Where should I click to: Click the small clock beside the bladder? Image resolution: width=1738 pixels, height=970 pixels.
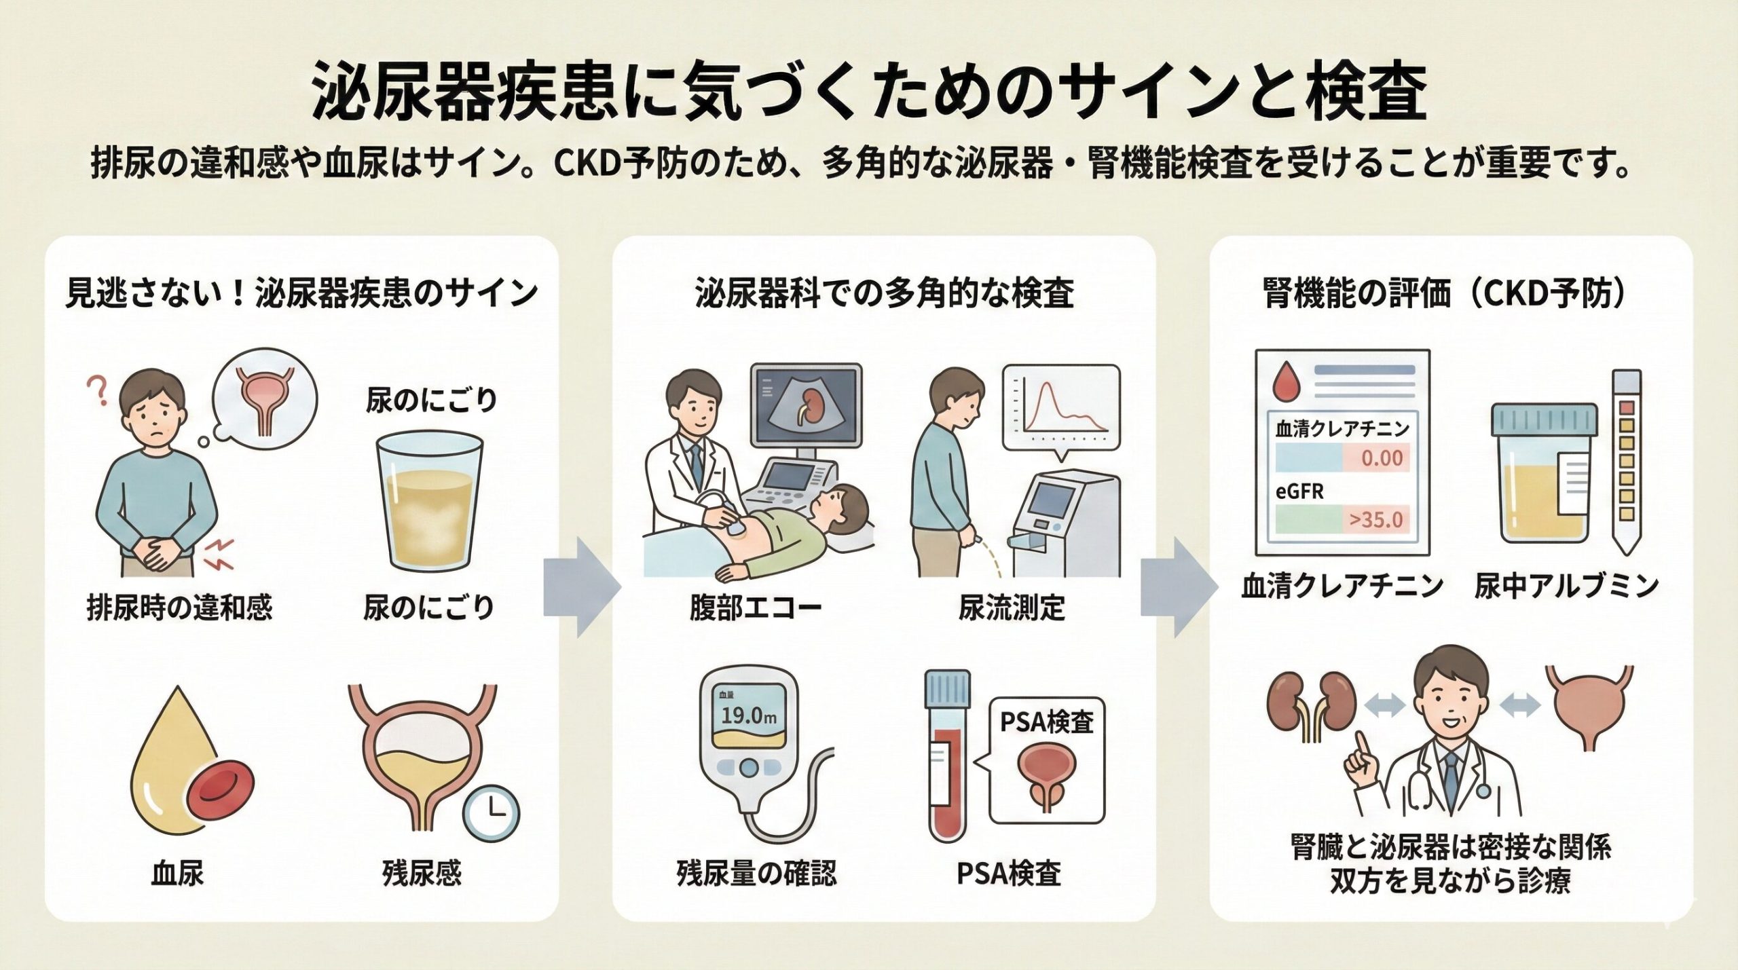491,813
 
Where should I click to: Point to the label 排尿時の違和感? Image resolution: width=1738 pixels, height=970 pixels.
179,606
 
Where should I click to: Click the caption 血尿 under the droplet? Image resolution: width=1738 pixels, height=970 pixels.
177,873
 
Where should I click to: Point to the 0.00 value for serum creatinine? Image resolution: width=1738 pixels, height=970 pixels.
1381,458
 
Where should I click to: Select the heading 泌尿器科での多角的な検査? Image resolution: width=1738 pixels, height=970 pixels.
884,294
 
